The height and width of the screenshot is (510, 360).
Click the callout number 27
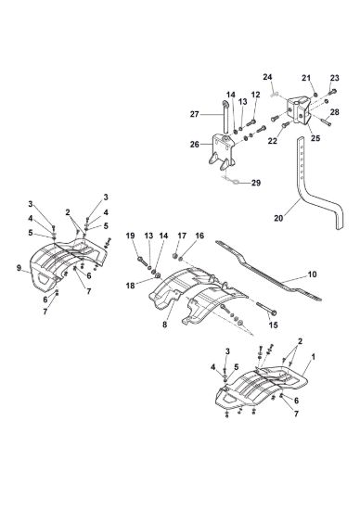pyautogui.click(x=194, y=114)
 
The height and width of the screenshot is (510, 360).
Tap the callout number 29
pyautogui.click(x=256, y=183)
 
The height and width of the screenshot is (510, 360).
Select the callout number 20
pyautogui.click(x=278, y=218)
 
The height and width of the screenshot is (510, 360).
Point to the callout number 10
pyautogui.click(x=312, y=274)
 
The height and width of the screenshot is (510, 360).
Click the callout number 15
pyautogui.click(x=274, y=325)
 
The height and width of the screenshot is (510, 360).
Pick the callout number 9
pyautogui.click(x=19, y=268)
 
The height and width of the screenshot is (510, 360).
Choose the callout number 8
pyautogui.click(x=165, y=325)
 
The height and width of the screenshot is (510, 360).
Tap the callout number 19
pyautogui.click(x=130, y=236)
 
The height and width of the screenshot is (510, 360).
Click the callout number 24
pyautogui.click(x=267, y=77)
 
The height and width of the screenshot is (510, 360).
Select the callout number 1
pyautogui.click(x=313, y=357)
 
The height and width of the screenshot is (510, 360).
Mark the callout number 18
pyautogui.click(x=130, y=287)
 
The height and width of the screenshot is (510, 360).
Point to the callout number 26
pyautogui.click(x=194, y=144)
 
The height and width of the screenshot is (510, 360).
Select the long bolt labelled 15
pyautogui.click(x=265, y=308)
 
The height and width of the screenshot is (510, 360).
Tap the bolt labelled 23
pyautogui.click(x=331, y=92)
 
